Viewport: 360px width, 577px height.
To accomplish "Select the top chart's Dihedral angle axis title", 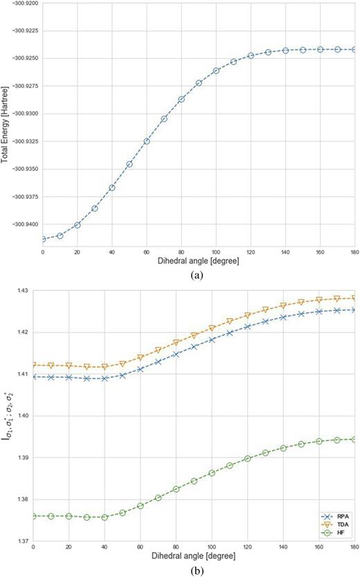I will pos(199,259).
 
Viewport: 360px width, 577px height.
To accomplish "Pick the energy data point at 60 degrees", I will pos(147,141).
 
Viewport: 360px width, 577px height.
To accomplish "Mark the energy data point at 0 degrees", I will pos(42,239).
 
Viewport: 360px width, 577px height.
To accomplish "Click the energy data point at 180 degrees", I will pos(354,50).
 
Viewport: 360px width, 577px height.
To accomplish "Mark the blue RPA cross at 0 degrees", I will pos(33,377).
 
